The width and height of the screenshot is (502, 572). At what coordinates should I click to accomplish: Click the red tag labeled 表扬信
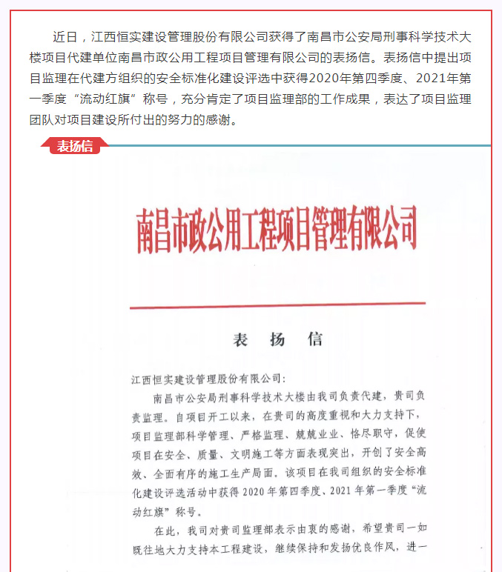75,146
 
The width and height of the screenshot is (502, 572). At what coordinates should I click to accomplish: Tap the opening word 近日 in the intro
65,36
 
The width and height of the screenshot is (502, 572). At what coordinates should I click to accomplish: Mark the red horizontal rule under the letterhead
277,305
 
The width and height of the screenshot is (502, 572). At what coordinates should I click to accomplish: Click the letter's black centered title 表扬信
277,340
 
